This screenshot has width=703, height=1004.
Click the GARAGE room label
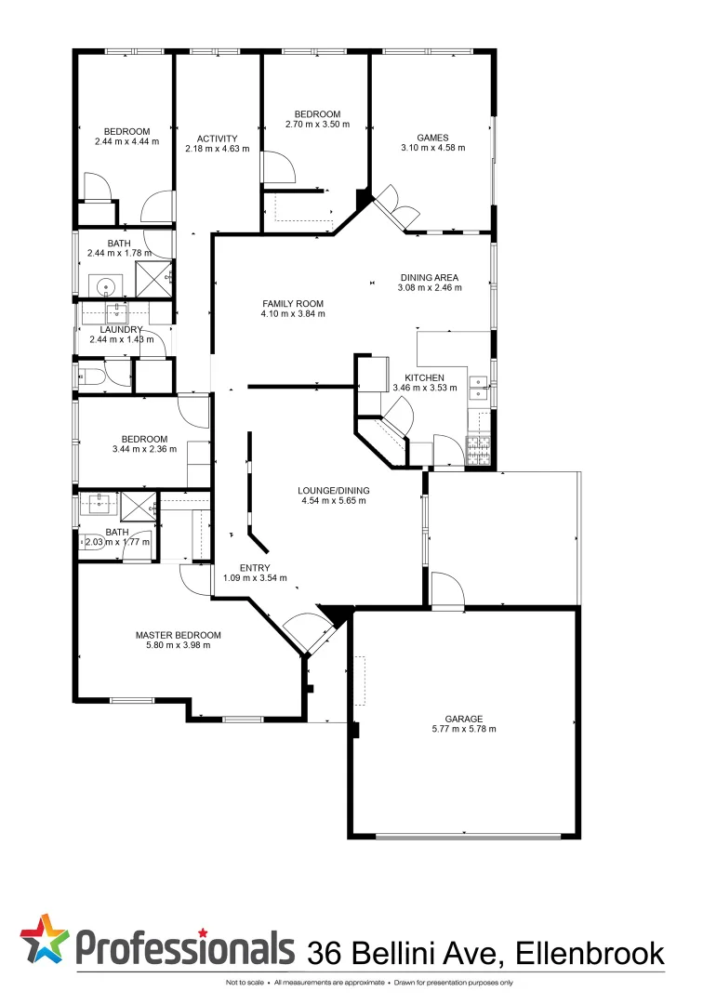tap(462, 719)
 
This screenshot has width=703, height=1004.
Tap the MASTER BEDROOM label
tap(178, 635)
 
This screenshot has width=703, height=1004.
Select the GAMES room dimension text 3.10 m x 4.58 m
tap(432, 148)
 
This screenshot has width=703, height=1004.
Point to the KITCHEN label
tap(424, 377)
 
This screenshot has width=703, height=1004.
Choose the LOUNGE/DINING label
tap(333, 490)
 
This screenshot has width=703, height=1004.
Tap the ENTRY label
tap(255, 568)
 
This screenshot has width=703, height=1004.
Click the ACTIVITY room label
tap(217, 139)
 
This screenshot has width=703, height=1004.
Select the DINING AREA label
tap(431, 277)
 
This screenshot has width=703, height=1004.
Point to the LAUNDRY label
tap(122, 329)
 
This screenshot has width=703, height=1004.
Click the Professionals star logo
tap(45, 939)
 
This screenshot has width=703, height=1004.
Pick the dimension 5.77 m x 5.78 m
tap(462, 729)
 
